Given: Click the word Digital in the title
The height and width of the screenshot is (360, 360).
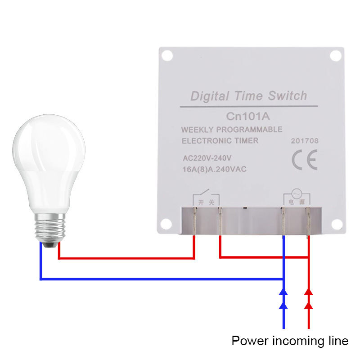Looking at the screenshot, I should pos(210,96).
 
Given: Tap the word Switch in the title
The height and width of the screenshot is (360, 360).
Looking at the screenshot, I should pos(287,96).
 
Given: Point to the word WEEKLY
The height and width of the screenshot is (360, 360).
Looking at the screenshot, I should pos(197,130).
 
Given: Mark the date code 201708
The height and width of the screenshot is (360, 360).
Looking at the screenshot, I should pos(304,141).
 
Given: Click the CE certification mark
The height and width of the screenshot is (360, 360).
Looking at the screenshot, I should pos(304,160).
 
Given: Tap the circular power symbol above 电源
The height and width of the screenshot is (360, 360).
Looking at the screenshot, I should pos(296,194).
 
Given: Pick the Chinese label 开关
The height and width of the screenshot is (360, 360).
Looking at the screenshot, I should pos(204,203).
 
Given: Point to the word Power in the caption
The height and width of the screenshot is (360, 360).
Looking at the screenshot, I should pos(248,341).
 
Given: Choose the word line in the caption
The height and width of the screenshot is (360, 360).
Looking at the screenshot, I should pos(338,341).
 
